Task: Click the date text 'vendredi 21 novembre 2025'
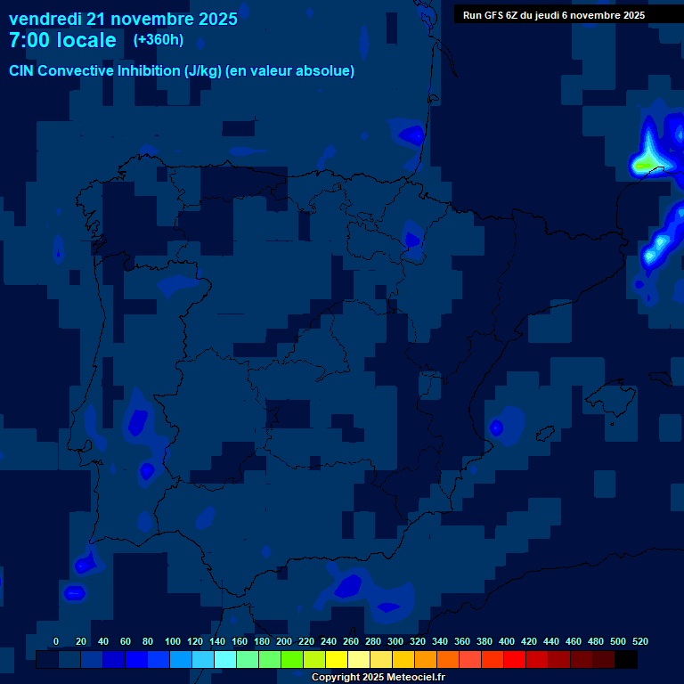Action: coord(123,19)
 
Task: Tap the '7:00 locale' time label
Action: coord(62,40)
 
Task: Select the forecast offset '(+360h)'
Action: coord(158,40)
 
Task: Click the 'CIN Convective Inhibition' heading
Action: coord(94,71)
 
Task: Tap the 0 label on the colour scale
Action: coord(56,641)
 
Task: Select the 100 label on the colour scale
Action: coord(173,641)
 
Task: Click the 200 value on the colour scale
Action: coord(284,641)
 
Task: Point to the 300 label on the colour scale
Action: coord(395,641)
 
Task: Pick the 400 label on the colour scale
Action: coord(507,641)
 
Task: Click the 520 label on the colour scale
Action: coord(640,641)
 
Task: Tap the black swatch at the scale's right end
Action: coord(626,660)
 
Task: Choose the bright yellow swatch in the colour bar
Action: coord(337,660)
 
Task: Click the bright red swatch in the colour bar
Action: coord(515,660)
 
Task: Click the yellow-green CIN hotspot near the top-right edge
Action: coord(643,165)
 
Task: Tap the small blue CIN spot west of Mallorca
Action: coord(496,428)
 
